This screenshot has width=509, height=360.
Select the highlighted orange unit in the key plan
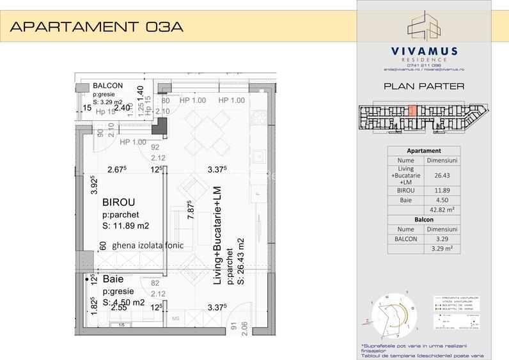[x=412, y=110]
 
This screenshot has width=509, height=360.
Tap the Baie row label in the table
[x=406, y=200]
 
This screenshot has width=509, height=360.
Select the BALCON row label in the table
[x=406, y=239]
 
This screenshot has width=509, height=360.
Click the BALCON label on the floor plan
[x=108, y=86]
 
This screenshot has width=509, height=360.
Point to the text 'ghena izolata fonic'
[x=148, y=245]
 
